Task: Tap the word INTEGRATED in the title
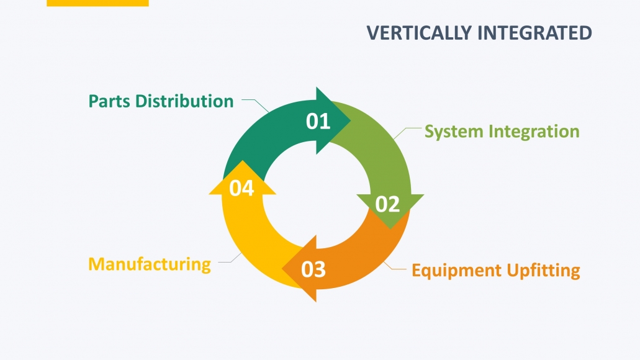coord(535,33)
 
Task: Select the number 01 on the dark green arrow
coord(318,121)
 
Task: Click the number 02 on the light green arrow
coord(387,204)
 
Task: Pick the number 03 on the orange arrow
coord(313,270)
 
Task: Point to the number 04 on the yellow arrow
coord(241,188)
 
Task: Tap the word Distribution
coord(184,101)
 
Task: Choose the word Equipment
coord(456,271)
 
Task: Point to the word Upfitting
coord(544,271)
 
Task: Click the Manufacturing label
coord(150,264)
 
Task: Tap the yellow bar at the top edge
coord(97,3)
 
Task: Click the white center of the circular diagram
coord(317,195)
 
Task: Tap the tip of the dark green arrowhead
coord(351,120)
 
